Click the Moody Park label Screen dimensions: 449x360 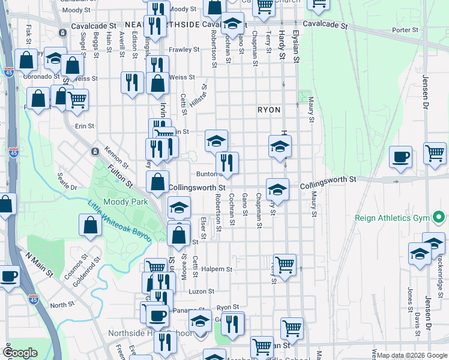tap(125, 202)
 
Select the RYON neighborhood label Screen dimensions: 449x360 tap(270, 110)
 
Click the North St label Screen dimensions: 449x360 tap(62, 305)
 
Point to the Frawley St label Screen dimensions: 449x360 tap(184, 49)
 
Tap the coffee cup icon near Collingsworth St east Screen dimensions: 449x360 tap(401, 157)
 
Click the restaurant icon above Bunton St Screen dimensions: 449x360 tap(228, 162)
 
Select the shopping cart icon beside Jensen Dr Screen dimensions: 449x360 tap(435, 152)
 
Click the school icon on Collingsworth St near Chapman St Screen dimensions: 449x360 tap(277, 189)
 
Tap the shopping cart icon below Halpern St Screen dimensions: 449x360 tap(285, 263)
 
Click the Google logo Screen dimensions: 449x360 tap(20, 353)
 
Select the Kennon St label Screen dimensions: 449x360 tap(116, 157)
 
